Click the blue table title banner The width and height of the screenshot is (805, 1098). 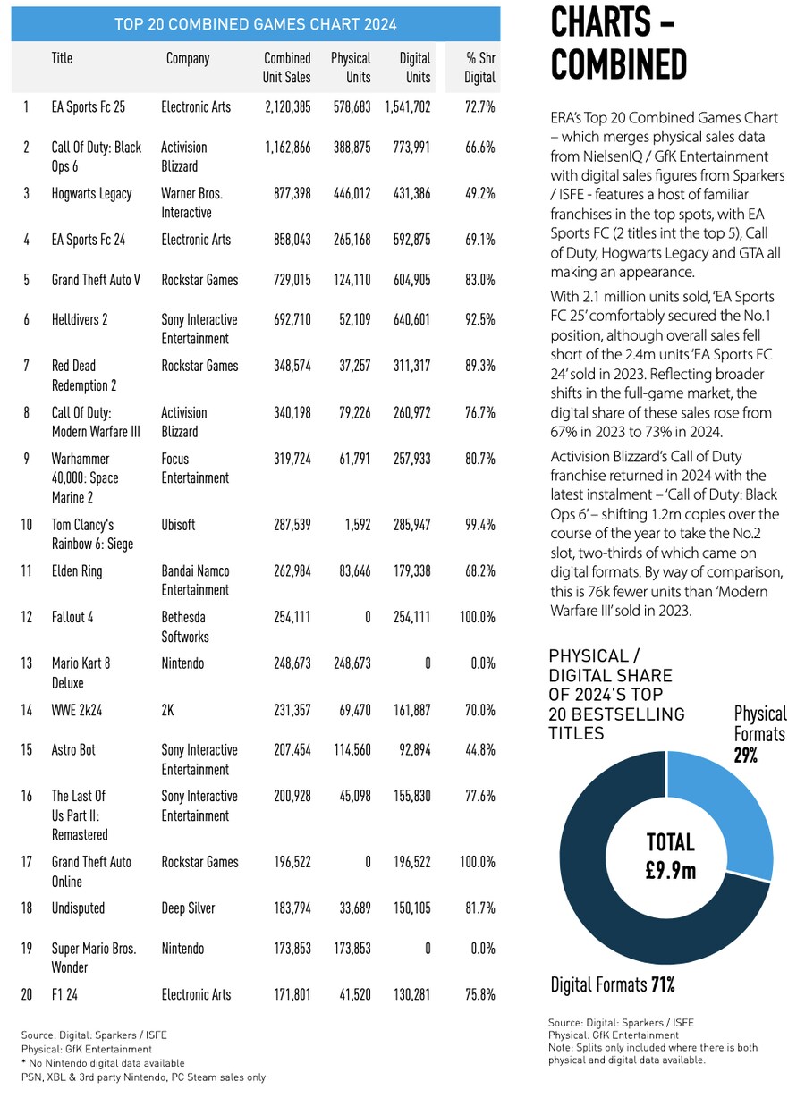click(255, 24)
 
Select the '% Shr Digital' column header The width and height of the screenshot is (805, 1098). click(480, 68)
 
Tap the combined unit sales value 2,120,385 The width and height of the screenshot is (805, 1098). click(288, 107)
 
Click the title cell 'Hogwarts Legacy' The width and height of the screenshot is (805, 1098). click(91, 194)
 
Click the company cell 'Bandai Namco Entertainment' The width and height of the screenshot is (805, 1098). click(196, 580)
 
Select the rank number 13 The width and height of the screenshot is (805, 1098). click(27, 663)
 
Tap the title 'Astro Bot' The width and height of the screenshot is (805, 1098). click(73, 750)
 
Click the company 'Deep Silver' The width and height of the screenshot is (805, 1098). click(188, 908)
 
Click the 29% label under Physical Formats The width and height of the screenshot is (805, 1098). click(746, 755)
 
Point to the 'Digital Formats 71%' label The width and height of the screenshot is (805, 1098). click(612, 985)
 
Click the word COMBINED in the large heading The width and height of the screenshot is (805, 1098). click(618, 64)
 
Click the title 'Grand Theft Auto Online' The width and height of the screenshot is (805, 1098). click(91, 872)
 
